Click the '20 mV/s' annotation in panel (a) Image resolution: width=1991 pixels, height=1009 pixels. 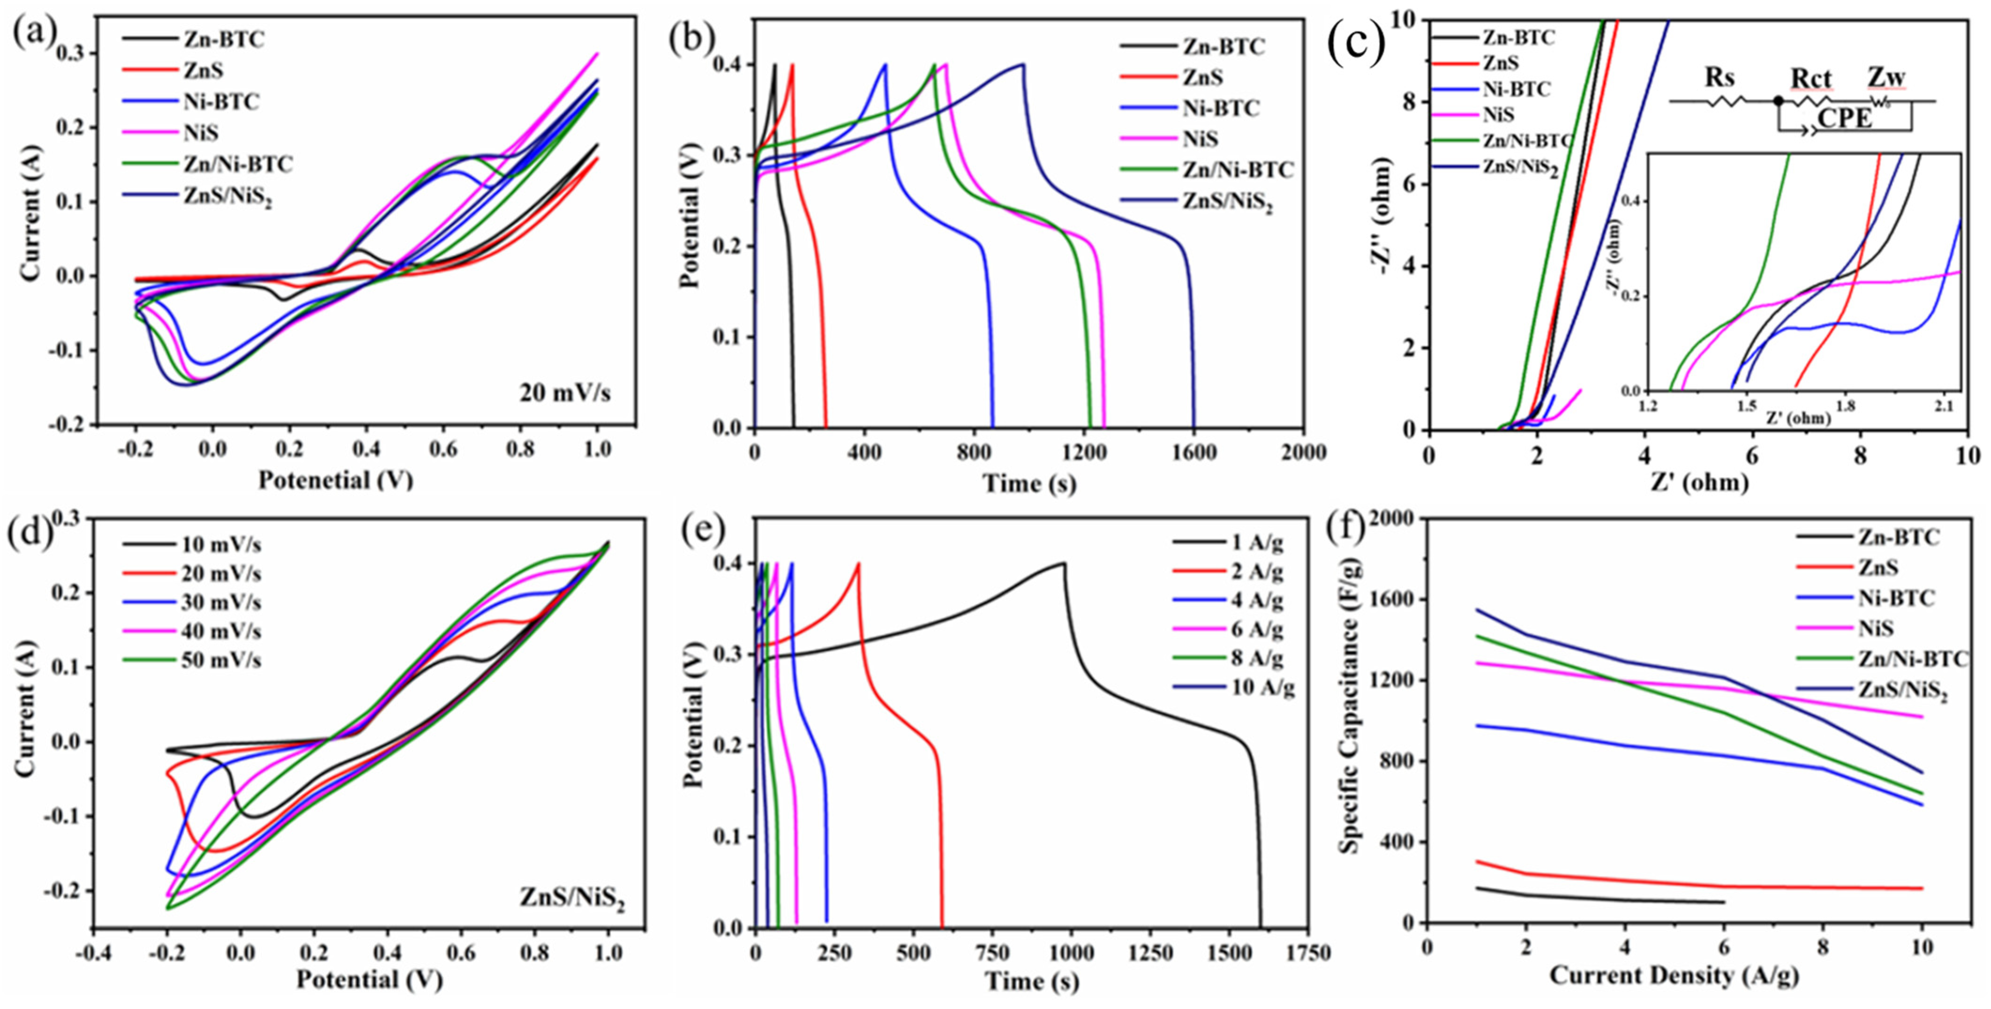[565, 393]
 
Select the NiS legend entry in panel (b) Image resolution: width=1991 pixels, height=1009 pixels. [1201, 139]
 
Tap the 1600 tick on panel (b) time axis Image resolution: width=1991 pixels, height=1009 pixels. [1194, 453]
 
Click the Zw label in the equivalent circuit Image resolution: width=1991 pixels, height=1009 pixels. [1886, 78]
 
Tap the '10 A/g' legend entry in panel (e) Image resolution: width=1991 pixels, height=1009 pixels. [1262, 687]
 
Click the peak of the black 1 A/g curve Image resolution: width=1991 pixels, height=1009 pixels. [1064, 563]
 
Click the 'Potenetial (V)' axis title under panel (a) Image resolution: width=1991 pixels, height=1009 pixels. [335, 480]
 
